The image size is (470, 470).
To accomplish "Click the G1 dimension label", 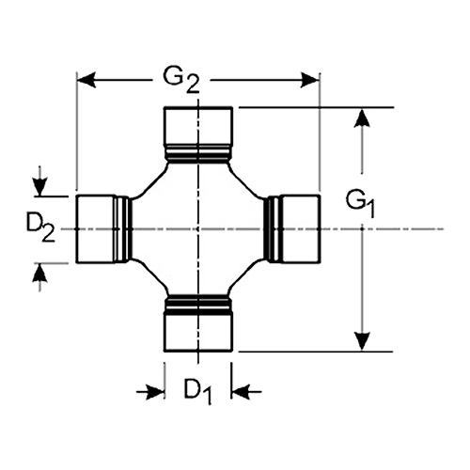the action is [360, 204].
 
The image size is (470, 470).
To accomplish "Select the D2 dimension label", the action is [40, 228].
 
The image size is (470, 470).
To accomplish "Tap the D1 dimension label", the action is [197, 391].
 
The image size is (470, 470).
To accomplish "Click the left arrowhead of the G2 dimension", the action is [86, 80].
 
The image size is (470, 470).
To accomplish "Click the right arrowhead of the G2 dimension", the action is [310, 80].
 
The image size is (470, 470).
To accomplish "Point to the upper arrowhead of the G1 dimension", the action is [362, 118].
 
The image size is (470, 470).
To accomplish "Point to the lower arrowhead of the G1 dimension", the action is [362, 341].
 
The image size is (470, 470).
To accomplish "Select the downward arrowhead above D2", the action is [39, 187].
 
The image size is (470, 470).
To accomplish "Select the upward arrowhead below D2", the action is [39, 273].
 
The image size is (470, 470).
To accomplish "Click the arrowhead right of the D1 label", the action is [241, 391].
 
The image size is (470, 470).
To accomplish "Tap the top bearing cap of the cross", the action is [198, 126].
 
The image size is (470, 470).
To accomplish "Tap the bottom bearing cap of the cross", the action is [198, 333].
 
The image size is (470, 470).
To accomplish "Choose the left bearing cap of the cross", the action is [96, 228].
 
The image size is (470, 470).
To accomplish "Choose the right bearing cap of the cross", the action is [301, 228].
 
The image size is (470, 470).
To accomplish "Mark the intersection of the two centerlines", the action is [198, 229].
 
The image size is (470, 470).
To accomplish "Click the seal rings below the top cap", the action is [198, 154].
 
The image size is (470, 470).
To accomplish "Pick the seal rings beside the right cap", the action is [274, 228].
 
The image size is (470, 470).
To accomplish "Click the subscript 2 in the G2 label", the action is [192, 85].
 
